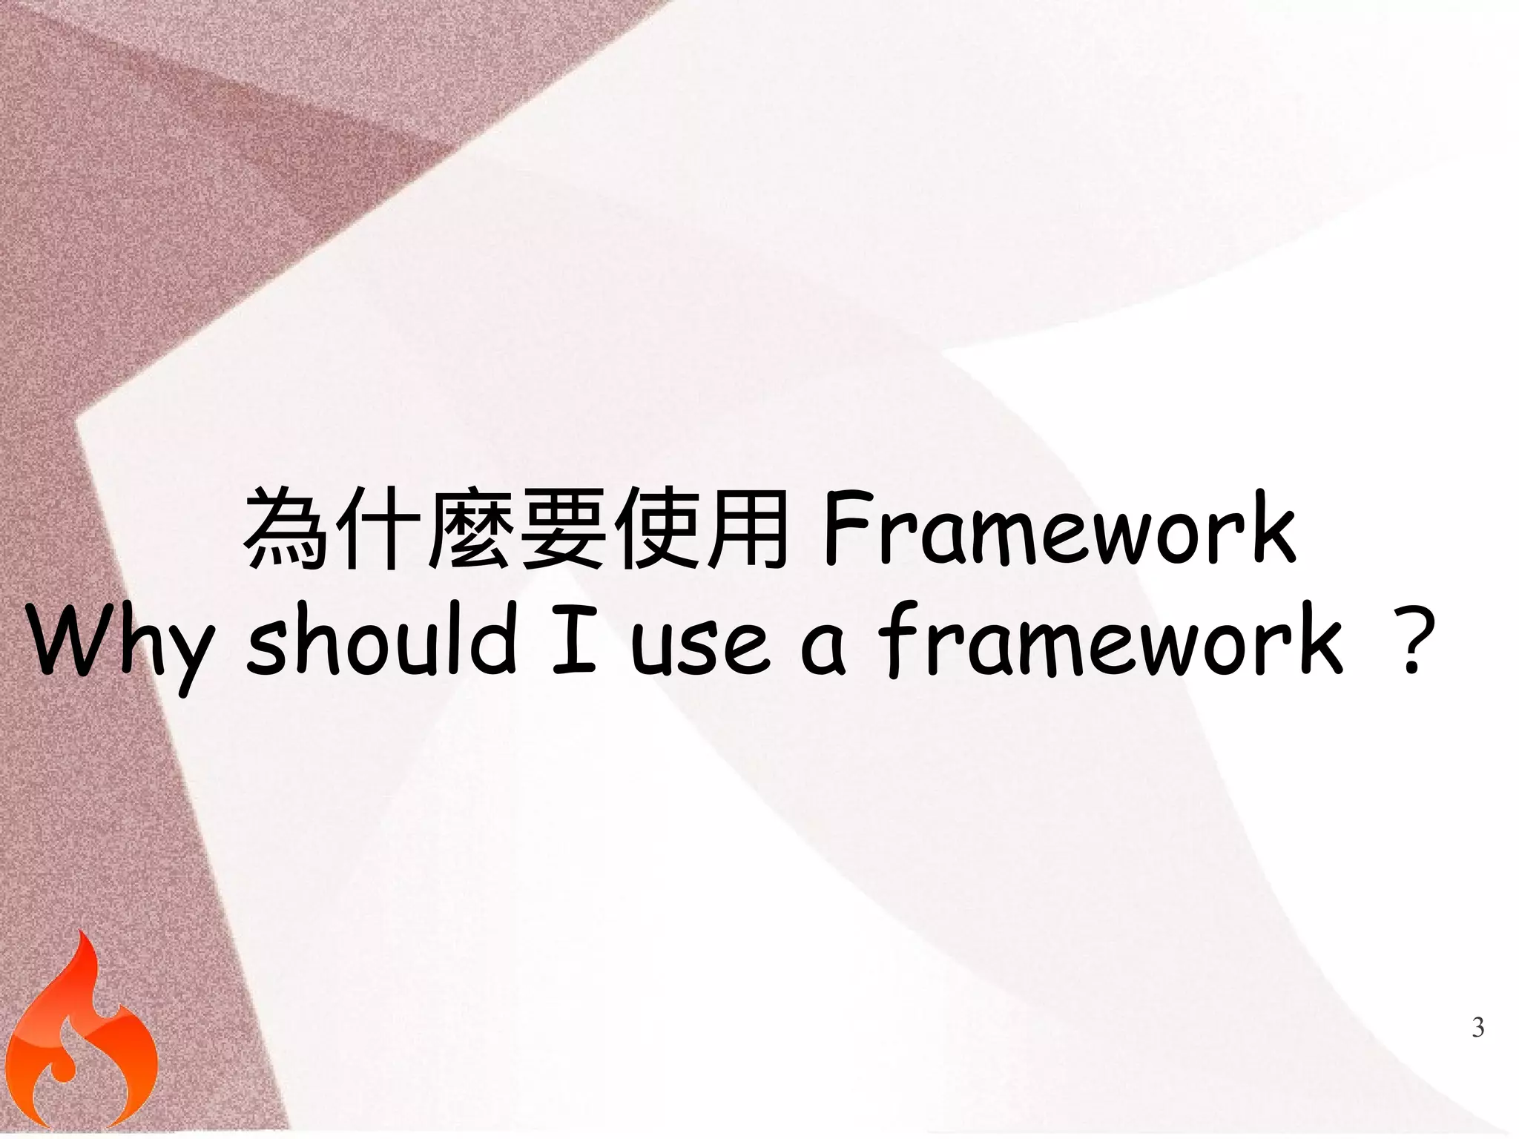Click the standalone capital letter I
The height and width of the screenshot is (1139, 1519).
(574, 639)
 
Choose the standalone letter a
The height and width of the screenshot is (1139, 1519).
(823, 648)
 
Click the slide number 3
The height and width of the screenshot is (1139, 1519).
(1477, 1028)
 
